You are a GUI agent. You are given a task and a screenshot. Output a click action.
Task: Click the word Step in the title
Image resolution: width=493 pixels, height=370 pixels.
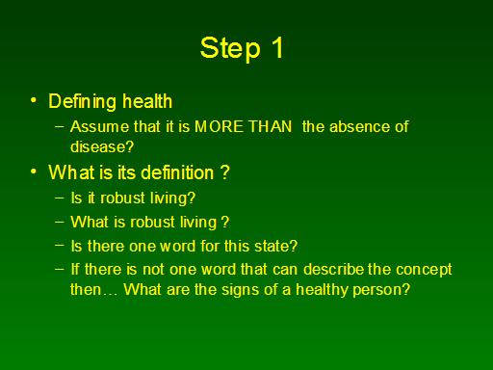230,48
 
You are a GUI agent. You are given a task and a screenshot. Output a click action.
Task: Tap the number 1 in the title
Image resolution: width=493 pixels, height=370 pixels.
277,47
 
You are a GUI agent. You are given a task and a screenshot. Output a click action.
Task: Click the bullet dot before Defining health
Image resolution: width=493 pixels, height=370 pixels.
34,100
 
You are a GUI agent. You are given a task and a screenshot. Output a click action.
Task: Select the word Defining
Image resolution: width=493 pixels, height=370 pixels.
83,102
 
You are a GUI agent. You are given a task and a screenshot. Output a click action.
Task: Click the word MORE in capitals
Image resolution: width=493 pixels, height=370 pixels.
219,126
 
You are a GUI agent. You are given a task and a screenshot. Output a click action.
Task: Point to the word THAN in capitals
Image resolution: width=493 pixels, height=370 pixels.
271,126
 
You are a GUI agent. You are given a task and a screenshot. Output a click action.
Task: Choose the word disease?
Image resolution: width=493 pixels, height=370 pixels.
102,146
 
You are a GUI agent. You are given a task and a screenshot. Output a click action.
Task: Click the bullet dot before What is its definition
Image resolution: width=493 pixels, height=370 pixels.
34,172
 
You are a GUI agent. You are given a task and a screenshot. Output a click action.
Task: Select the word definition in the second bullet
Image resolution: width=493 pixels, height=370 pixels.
177,172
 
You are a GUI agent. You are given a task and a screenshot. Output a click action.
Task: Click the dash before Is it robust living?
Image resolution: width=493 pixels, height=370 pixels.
60,198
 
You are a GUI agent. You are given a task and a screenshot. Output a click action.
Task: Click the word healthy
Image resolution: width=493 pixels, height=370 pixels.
322,290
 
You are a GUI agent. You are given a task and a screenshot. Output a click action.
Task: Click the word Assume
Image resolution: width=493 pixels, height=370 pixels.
99,126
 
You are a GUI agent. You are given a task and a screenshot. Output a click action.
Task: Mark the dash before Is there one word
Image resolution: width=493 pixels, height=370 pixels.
60,246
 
